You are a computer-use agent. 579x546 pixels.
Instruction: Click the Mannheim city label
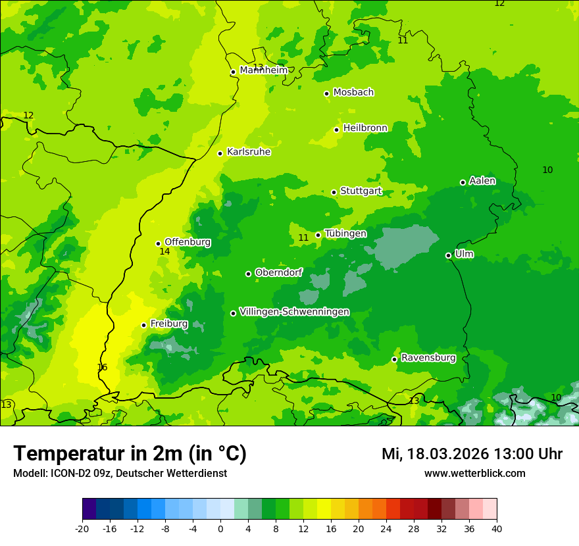tap(263, 70)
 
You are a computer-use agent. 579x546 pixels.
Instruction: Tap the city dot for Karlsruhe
tap(220, 153)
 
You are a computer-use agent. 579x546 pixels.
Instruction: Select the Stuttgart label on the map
tap(361, 191)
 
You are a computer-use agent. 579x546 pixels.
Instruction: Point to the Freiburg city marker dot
tap(143, 325)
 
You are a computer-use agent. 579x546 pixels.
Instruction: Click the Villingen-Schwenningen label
tap(294, 312)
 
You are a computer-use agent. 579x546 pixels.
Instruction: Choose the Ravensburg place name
tap(428, 358)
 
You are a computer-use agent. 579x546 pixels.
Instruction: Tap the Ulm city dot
tap(448, 255)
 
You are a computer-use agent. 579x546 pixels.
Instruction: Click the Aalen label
tap(482, 181)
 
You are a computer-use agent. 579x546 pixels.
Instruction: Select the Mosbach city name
tap(353, 92)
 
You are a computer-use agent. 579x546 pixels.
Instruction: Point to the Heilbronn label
tap(365, 128)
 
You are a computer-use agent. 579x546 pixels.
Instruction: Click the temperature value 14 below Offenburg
tap(164, 252)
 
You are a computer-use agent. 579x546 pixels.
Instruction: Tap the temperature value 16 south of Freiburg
tap(102, 367)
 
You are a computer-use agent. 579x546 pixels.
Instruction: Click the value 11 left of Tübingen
tap(303, 237)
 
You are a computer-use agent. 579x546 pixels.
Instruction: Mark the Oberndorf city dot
tap(248, 274)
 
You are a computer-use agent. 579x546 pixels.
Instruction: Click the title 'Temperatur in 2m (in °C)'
tap(130, 453)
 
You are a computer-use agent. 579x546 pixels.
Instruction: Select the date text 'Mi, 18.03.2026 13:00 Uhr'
tap(472, 454)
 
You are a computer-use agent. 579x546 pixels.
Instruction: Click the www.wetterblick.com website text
tap(474, 474)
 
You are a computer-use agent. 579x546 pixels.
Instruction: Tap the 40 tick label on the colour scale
tap(496, 528)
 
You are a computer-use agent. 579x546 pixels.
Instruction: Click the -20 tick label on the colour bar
tap(82, 528)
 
